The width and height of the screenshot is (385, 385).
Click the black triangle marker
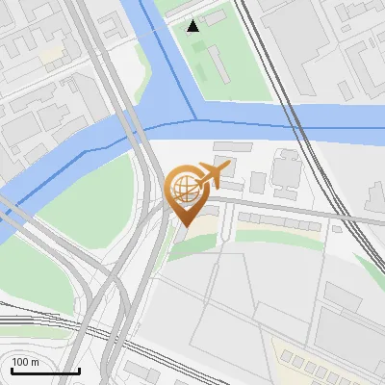pos(193,26)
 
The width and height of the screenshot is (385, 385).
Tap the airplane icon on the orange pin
pos(210,176)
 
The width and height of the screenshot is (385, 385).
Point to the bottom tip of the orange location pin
pos(186,226)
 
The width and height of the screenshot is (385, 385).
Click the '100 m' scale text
pos(25,362)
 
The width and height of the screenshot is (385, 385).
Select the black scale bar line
pos(45,371)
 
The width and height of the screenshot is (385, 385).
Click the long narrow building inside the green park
pos(216,63)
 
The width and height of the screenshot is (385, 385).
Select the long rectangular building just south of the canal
pos(232,145)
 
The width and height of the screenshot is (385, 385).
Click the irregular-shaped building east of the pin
pos(286,169)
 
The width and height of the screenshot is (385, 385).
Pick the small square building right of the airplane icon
pos(258,182)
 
